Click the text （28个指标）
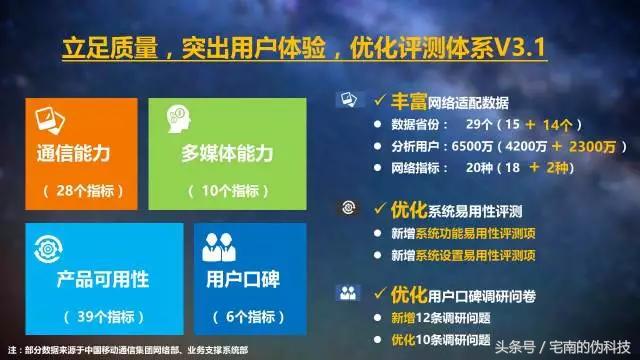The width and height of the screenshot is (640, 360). (74, 189)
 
